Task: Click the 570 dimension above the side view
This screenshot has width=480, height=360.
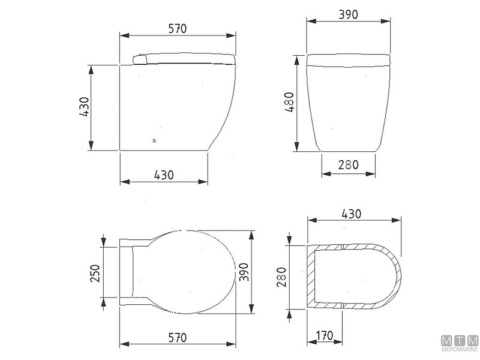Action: (x=177, y=29)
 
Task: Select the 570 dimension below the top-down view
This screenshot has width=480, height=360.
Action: (x=177, y=338)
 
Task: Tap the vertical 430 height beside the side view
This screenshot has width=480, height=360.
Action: (x=84, y=107)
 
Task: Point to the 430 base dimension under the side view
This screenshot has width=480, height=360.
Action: (x=164, y=175)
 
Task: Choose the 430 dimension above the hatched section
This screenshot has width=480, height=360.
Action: (x=352, y=214)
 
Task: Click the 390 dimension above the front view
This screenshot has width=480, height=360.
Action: (x=349, y=14)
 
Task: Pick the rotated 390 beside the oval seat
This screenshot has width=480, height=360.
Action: (x=244, y=272)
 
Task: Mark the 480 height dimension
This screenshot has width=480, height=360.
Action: (x=289, y=102)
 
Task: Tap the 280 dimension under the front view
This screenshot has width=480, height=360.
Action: (x=349, y=165)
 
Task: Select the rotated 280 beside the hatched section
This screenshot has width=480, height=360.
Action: (x=281, y=277)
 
